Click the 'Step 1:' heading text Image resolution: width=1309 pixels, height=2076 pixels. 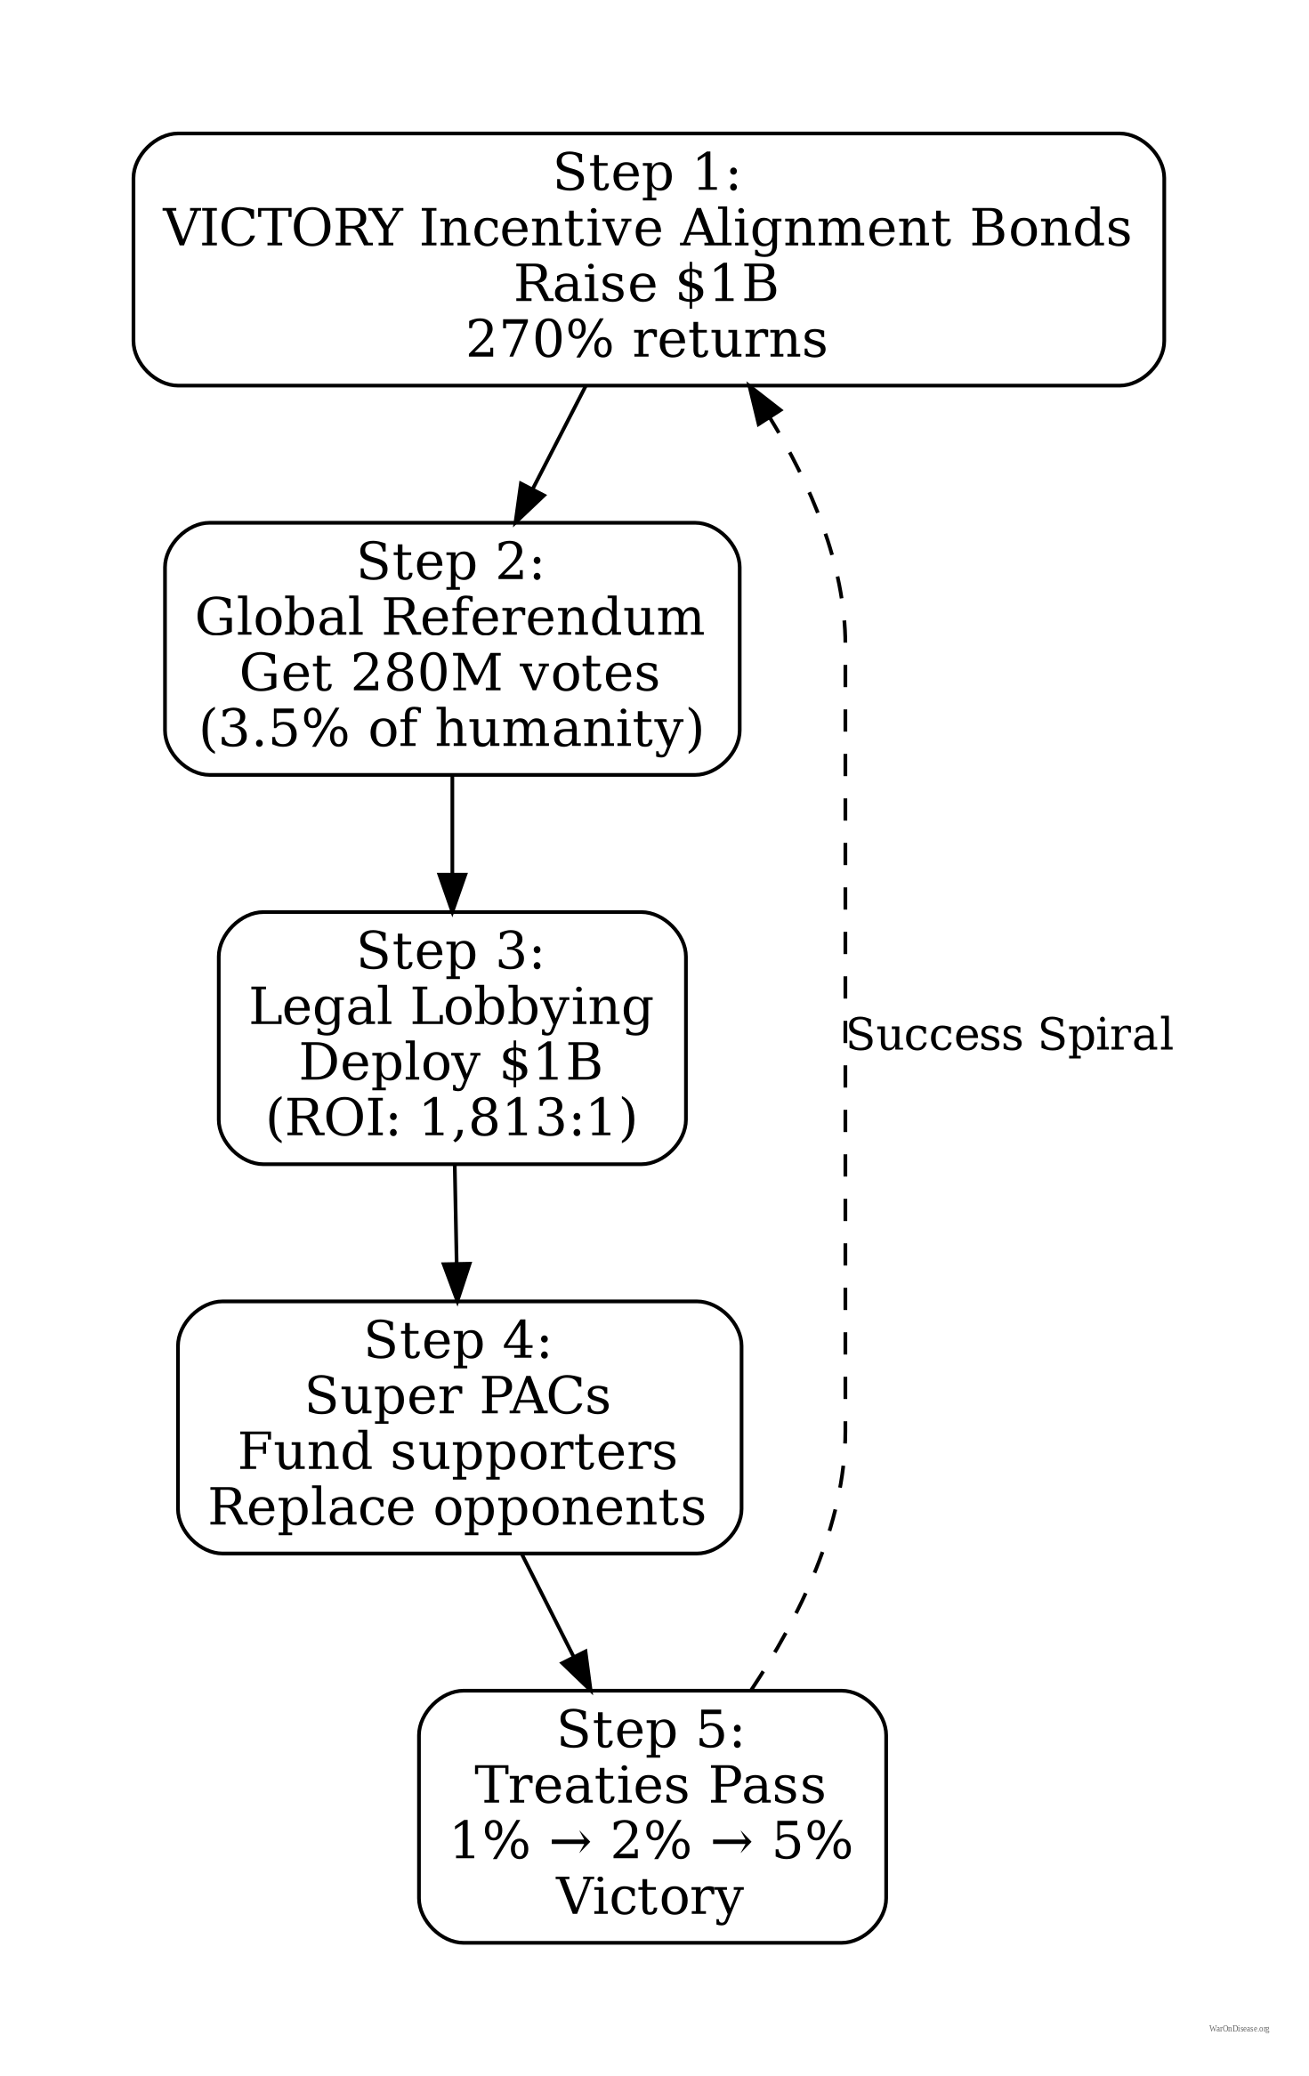click(647, 173)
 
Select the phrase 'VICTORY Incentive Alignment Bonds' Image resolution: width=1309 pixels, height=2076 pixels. click(647, 229)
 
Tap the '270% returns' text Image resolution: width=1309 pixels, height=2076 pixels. click(647, 340)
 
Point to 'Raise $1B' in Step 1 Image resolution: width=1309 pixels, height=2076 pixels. click(647, 285)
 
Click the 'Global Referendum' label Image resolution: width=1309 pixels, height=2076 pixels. click(450, 618)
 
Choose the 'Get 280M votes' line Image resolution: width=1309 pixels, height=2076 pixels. click(450, 673)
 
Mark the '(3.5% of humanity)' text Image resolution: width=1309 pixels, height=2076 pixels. click(451, 729)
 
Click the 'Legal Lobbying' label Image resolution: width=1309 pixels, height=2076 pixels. click(451, 1007)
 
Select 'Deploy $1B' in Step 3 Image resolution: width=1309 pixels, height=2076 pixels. click(451, 1062)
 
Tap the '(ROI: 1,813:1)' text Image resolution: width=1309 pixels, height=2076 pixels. click(451, 1118)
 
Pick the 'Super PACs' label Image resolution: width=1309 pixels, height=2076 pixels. click(458, 1396)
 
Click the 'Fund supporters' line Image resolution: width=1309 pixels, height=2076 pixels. click(458, 1451)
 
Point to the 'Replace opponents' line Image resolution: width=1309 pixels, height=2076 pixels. click(458, 1507)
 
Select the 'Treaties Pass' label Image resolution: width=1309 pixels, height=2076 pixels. click(650, 1785)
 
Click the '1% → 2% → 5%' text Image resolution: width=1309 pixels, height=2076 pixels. click(651, 1841)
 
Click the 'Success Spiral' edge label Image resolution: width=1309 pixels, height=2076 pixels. click(1010, 1035)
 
